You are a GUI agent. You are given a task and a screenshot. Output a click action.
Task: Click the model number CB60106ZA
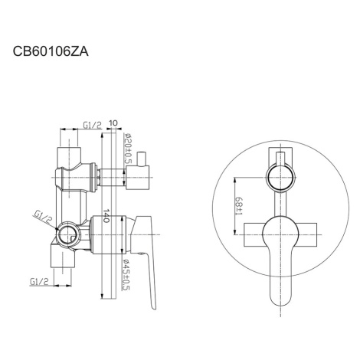(x=51, y=51)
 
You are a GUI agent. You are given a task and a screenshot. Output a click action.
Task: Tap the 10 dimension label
(x=113, y=123)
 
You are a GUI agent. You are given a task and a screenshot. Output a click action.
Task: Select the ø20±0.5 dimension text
(x=127, y=149)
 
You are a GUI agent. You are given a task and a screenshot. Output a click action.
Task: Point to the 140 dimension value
(x=106, y=216)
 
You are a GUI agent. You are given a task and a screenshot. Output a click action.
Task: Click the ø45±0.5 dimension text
(x=126, y=275)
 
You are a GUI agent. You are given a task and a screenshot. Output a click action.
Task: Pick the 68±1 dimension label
(x=239, y=205)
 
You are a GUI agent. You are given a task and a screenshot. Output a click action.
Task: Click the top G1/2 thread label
(x=92, y=125)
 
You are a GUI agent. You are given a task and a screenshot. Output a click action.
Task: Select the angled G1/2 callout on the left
(x=43, y=217)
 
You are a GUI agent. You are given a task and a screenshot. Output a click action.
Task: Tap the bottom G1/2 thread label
(x=39, y=282)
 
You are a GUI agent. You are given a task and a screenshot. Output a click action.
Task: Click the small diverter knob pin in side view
(x=142, y=159)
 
